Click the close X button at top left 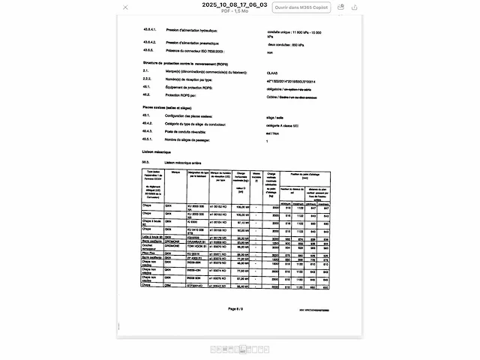(125, 7)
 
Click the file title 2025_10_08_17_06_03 (235, 4)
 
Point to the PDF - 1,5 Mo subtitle (235, 11)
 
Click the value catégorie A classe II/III (286, 124)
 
